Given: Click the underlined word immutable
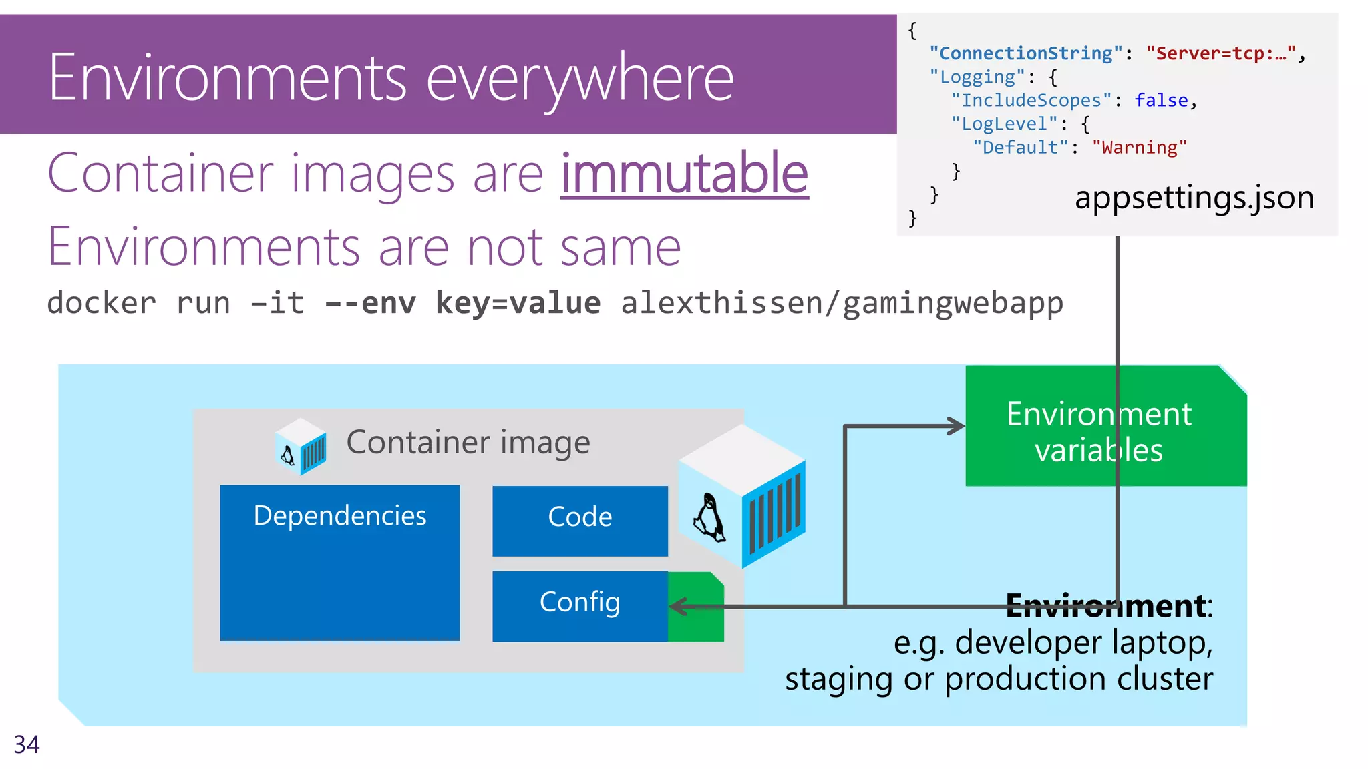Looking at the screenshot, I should (x=684, y=174).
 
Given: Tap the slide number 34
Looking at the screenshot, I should (x=27, y=744).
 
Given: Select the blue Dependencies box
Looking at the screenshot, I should (x=339, y=563).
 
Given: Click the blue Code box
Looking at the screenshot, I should (x=580, y=520).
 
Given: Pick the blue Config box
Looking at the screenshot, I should (x=580, y=605).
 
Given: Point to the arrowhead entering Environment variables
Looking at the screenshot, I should (x=957, y=426).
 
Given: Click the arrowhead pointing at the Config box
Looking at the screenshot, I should (x=677, y=606).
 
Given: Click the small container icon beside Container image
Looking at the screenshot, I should (x=301, y=446).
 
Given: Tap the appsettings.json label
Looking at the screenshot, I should (x=1194, y=198).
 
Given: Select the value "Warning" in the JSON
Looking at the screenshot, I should (x=1140, y=148).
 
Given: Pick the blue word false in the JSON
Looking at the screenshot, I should (x=1161, y=100).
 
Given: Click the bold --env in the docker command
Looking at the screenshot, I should (x=370, y=303).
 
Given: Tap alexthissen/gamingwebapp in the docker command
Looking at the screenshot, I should (x=842, y=303).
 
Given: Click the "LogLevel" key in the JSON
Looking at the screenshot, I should (x=1004, y=124).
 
